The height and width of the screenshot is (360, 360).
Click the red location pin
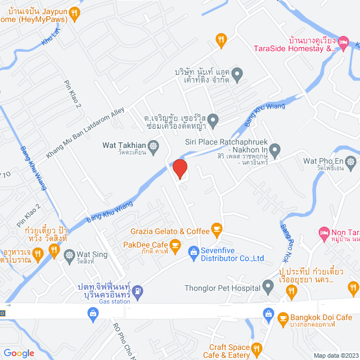coord(179,169)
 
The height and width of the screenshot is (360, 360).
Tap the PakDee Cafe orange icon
coord(175,245)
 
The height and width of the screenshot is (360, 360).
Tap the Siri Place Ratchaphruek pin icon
coord(274,150)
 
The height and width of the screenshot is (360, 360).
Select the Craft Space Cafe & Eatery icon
coord(258,348)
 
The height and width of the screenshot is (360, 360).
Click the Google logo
coord(18,353)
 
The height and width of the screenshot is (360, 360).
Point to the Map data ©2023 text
coord(335,355)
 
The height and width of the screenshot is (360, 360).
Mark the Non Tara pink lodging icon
coord(323,232)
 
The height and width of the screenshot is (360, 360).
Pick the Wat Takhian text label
coord(123,145)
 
